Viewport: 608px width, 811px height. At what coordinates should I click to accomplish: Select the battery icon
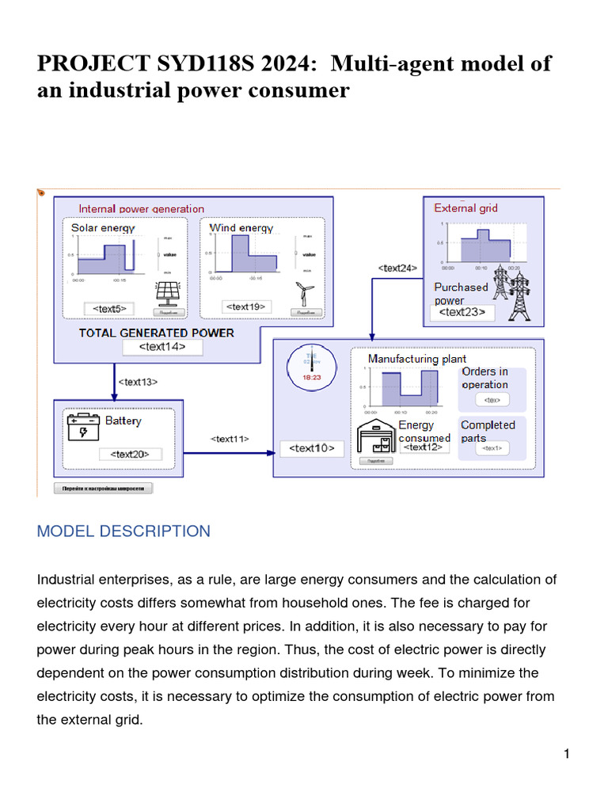coord(83,428)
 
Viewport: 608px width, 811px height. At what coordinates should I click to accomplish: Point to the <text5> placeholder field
coord(109,308)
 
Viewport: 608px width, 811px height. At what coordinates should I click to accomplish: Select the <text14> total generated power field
coord(163,347)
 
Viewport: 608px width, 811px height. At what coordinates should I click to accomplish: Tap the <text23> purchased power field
coord(462,313)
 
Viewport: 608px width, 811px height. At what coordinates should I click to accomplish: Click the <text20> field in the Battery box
coord(130,454)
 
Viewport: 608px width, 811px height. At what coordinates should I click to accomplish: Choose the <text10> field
coord(311,448)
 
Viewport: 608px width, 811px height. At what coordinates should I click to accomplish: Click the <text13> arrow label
coord(138,382)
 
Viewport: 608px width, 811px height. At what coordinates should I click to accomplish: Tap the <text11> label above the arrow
coord(230,438)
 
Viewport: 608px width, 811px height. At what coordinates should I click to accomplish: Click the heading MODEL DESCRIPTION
coord(123,531)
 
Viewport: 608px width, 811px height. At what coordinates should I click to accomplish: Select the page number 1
coord(566,754)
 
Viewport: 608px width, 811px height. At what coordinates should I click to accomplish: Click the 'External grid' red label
coord(465,208)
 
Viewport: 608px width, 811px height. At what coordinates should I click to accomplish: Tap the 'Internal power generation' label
coord(141,209)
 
